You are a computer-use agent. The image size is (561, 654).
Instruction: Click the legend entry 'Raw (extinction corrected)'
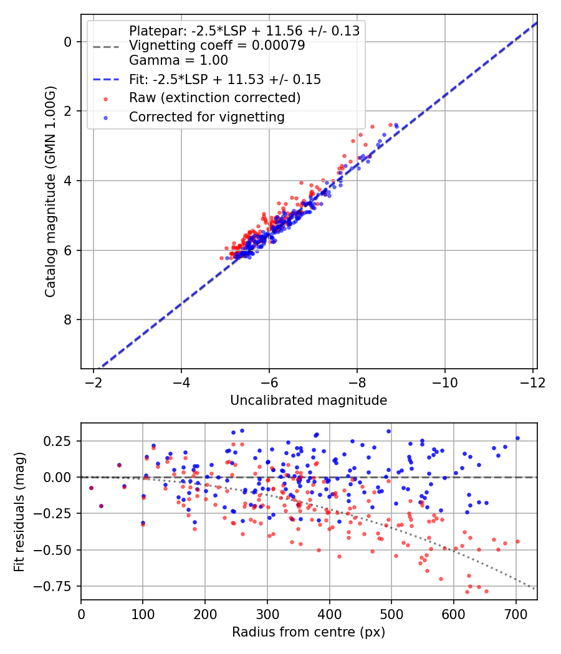click(214, 98)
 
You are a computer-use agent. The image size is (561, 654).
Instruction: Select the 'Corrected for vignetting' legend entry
click(206, 116)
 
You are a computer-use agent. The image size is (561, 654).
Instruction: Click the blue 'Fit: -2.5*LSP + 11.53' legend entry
click(225, 79)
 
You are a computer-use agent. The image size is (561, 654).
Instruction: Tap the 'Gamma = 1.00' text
click(178, 60)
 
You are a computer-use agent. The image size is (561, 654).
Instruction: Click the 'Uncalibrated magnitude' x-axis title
click(309, 400)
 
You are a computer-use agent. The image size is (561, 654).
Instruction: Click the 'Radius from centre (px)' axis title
click(309, 632)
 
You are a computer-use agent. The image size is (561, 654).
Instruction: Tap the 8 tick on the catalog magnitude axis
click(69, 320)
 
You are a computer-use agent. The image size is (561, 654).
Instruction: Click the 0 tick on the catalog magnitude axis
click(69, 42)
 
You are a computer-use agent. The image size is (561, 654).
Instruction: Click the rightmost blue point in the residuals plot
click(517, 438)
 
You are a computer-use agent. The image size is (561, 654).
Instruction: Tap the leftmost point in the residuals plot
click(91, 488)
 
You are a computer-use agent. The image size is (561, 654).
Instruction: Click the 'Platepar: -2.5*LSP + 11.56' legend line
click(244, 31)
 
